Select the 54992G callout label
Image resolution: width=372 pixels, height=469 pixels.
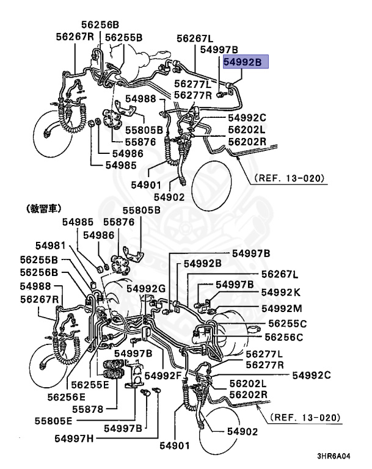click(147, 288)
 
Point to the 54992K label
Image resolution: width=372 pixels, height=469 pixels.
click(282, 293)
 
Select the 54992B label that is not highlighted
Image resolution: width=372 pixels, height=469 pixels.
click(201, 264)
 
